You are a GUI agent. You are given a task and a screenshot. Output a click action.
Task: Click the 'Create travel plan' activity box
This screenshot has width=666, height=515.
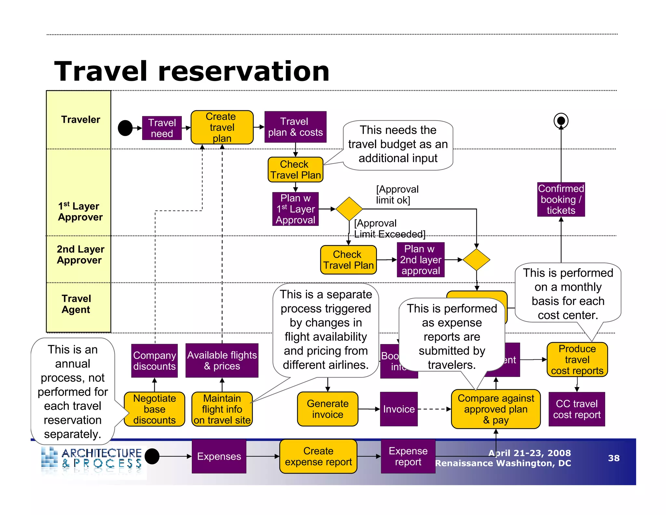[222, 127]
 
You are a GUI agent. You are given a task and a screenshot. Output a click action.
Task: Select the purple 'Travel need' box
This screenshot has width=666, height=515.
[162, 128]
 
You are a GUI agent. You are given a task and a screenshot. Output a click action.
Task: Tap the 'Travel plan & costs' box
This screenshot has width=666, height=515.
[295, 127]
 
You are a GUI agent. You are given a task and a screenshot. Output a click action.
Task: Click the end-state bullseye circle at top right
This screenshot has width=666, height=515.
[561, 121]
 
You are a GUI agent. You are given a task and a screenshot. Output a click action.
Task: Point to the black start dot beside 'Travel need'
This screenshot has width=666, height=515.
[125, 128]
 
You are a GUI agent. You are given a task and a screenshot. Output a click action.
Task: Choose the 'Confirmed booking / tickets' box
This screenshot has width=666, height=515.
[561, 199]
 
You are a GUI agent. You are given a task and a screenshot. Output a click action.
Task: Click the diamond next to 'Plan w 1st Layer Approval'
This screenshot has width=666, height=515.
[349, 209]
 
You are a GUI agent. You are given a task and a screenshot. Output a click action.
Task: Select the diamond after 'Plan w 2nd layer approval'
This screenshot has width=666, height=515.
[476, 260]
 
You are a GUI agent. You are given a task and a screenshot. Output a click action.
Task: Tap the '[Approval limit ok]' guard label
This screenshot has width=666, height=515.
[397, 195]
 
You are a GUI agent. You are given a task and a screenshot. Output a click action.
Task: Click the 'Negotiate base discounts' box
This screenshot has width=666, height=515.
[154, 409]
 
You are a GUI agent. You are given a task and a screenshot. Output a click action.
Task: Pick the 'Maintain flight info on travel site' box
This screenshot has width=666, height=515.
[222, 409]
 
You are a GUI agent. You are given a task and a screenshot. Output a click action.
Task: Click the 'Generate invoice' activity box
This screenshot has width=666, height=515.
[327, 409]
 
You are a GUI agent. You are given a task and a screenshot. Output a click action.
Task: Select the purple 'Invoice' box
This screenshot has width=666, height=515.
[399, 409]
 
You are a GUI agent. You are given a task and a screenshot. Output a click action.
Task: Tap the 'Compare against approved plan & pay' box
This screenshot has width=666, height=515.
[496, 409]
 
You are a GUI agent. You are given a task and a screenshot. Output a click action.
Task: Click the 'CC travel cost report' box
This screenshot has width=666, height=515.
[577, 409]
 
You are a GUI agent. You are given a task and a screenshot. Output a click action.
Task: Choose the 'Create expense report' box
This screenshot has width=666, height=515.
[318, 456]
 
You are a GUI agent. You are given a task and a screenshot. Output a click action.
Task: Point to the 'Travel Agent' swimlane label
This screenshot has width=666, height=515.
[76, 304]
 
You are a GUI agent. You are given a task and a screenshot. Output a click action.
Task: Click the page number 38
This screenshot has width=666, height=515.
[614, 458]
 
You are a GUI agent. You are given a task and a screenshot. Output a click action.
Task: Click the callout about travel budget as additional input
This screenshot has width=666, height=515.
[398, 144]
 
